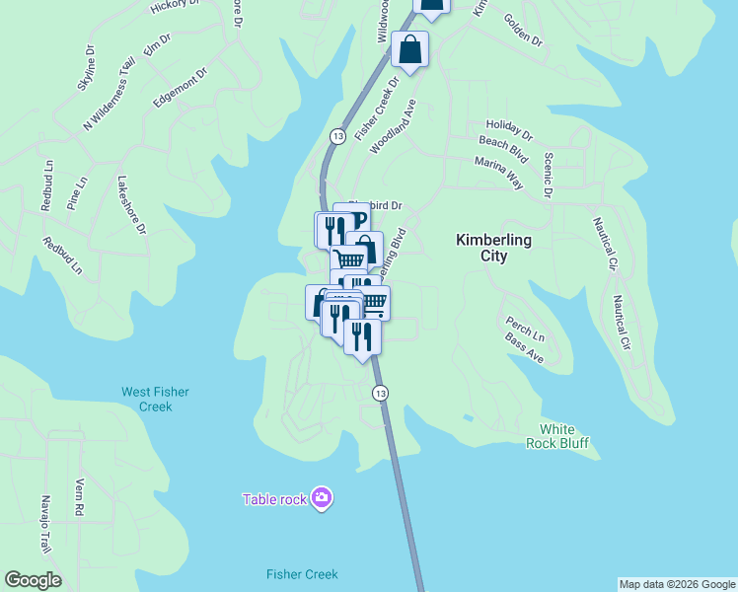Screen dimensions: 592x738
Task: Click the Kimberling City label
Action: click(x=493, y=248)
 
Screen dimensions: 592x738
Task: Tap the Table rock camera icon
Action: click(x=321, y=498)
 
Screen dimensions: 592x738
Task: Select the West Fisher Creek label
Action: click(x=146, y=399)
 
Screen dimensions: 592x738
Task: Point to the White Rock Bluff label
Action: click(x=563, y=436)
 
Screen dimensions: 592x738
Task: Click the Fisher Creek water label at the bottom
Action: click(x=302, y=574)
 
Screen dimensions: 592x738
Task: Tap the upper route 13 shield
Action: click(x=337, y=136)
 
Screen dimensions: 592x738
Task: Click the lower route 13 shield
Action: click(x=380, y=393)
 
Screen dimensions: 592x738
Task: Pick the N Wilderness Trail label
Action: click(x=109, y=94)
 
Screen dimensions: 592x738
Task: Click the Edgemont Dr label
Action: click(x=181, y=88)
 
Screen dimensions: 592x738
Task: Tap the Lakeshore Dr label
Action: click(x=131, y=204)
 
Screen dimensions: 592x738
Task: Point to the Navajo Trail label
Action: click(x=43, y=524)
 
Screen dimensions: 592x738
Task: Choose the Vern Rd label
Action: click(x=80, y=498)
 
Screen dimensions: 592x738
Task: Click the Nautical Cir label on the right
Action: click(x=622, y=323)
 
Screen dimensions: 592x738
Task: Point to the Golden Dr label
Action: click(x=523, y=31)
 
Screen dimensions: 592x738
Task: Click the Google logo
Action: click(x=33, y=580)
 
